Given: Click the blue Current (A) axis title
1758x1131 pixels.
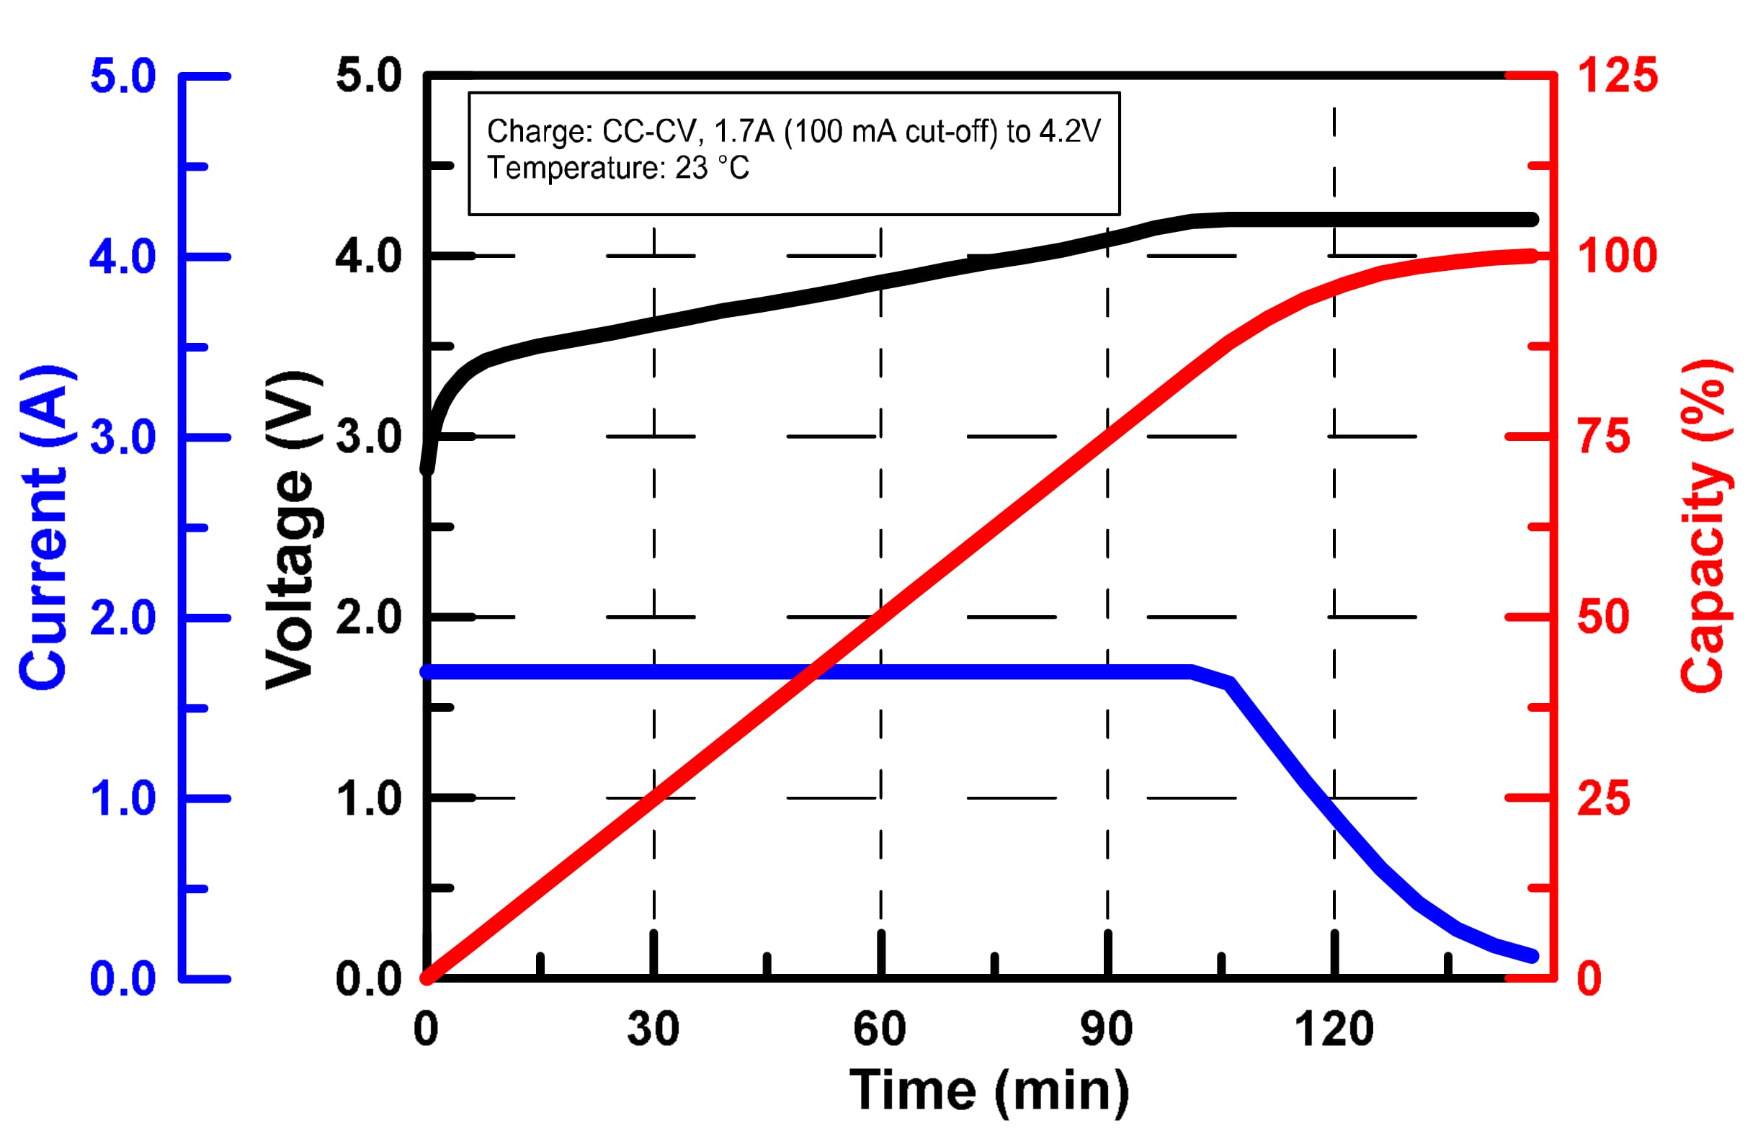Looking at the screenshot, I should pyautogui.click(x=45, y=528).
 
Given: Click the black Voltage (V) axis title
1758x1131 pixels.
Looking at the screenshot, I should pyautogui.click(x=293, y=529).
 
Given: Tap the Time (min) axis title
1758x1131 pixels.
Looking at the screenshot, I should pyautogui.click(x=989, y=1090).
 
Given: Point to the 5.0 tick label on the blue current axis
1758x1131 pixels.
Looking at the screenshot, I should pyautogui.click(x=122, y=76).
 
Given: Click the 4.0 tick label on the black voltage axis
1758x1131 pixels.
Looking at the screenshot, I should pyautogui.click(x=369, y=256).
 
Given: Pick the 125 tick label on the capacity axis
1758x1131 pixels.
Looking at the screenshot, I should pyautogui.click(x=1618, y=76).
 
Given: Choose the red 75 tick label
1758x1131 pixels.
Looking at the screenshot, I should pyautogui.click(x=1604, y=437).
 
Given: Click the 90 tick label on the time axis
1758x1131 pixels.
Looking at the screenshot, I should pyautogui.click(x=1107, y=1029).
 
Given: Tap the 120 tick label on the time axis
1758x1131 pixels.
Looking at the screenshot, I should pyautogui.click(x=1334, y=1029).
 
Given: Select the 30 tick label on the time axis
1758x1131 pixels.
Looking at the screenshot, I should pyautogui.click(x=653, y=1029).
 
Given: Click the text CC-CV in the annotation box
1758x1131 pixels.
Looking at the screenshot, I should pyautogui.click(x=648, y=133).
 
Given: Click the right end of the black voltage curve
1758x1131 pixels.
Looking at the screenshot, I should pyautogui.click(x=1532, y=220).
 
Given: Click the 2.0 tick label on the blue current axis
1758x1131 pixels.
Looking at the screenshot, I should pyautogui.click(x=122, y=617).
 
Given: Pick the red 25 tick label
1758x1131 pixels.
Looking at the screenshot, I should pyautogui.click(x=1604, y=798).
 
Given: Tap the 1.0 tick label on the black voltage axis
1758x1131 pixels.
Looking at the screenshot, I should pyautogui.click(x=369, y=798).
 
